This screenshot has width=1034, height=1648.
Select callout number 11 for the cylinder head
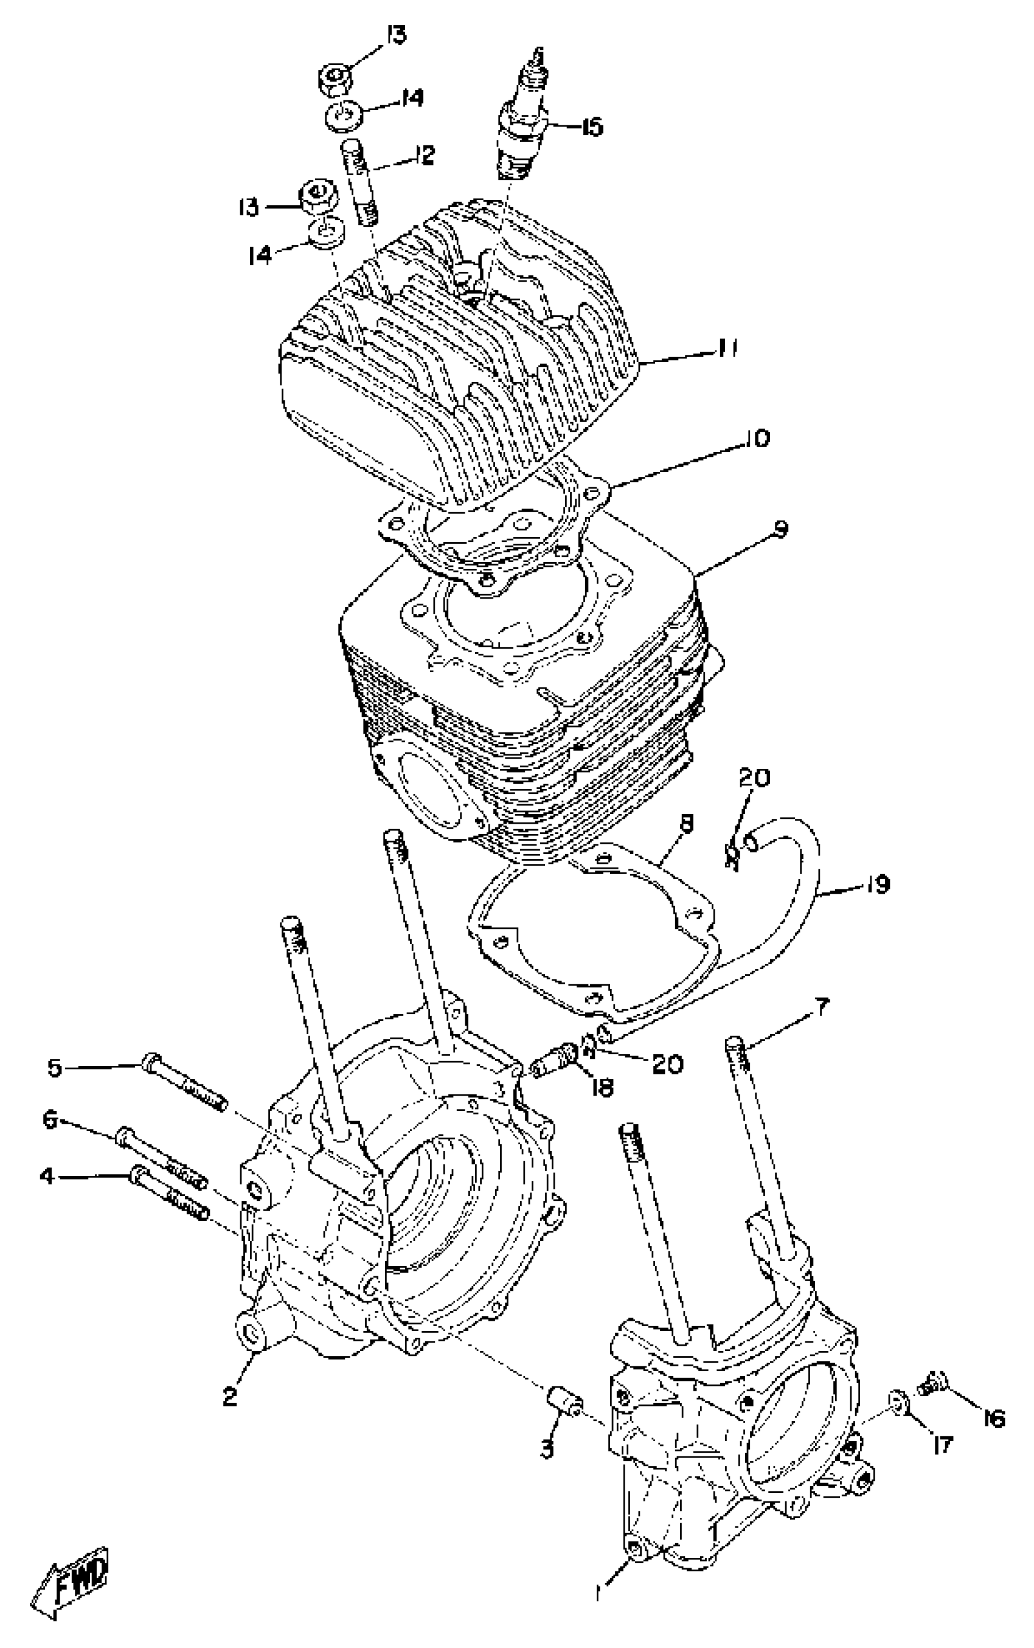click(x=727, y=349)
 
